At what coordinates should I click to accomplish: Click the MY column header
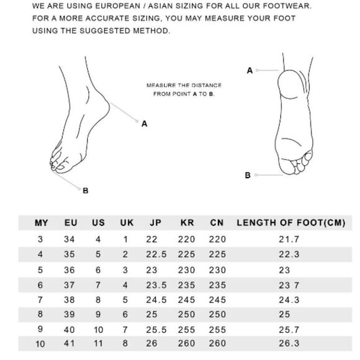42,223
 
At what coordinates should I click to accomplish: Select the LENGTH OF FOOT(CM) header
291,223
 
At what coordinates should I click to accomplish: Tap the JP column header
155,223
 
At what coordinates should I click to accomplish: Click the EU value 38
70,300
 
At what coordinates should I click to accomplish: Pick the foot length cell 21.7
289,239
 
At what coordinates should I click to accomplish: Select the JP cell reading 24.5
156,300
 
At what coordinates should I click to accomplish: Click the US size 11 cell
99,343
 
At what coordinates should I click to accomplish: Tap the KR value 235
186,285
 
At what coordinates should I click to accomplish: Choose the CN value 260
217,343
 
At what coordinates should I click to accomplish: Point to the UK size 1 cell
125,240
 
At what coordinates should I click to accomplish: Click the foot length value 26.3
289,343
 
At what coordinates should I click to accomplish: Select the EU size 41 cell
70,343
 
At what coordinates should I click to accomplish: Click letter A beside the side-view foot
144,124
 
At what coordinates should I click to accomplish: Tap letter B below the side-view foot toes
86,191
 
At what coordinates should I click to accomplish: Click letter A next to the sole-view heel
250,71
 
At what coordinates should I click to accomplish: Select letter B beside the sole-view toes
248,175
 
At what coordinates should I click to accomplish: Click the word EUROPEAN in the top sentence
117,6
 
